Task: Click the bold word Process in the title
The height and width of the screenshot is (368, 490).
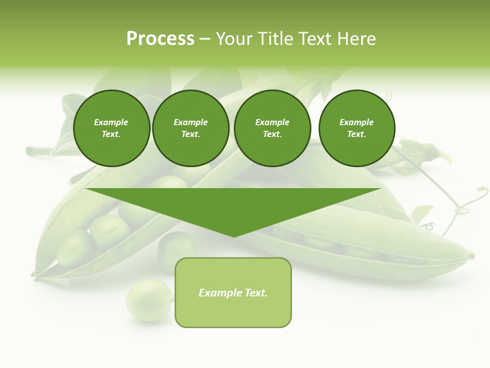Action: coord(160,39)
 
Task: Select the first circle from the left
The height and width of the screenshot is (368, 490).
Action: coord(111,128)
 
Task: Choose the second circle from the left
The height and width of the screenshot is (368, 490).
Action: coord(190,128)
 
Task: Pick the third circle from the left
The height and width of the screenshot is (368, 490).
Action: coord(272,128)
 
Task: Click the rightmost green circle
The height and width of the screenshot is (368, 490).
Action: coord(357,128)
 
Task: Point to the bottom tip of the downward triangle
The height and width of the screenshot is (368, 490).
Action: coord(234,236)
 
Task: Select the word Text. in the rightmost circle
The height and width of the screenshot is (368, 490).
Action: coord(356,134)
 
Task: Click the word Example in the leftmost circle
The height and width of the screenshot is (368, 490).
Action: coord(111,122)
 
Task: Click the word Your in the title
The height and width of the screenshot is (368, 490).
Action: coord(232,39)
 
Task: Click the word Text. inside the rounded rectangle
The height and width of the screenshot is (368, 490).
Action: coord(255,293)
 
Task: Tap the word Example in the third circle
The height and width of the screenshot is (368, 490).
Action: coord(272,122)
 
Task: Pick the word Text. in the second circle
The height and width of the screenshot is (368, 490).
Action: coord(190,134)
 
